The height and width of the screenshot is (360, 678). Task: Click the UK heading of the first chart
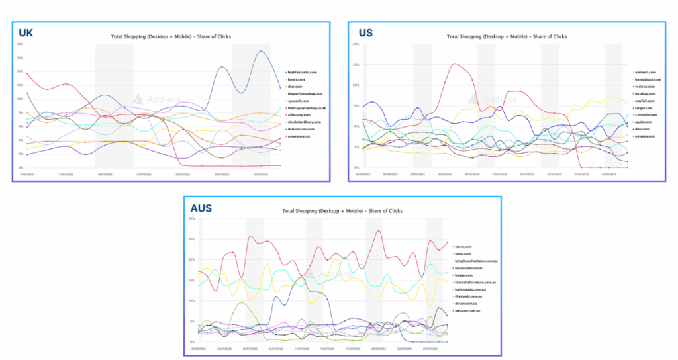(x=26, y=32)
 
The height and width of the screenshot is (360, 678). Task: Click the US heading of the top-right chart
(x=366, y=32)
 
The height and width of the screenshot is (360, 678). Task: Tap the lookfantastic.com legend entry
(x=303, y=71)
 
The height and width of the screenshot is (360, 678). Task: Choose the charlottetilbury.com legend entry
(x=304, y=122)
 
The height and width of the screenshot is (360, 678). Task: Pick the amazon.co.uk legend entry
(x=301, y=136)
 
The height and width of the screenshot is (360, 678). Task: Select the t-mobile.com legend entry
(x=644, y=114)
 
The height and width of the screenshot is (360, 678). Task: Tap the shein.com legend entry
(x=463, y=246)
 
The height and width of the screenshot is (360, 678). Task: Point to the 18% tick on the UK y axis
(x=21, y=44)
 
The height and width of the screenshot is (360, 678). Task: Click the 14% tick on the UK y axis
(x=21, y=71)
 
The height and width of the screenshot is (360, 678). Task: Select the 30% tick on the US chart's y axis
(x=356, y=44)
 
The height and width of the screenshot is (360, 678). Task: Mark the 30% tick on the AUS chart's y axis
(x=191, y=218)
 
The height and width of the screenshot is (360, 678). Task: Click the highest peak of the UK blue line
(x=262, y=51)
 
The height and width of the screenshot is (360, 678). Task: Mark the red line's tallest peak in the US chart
(x=454, y=64)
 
